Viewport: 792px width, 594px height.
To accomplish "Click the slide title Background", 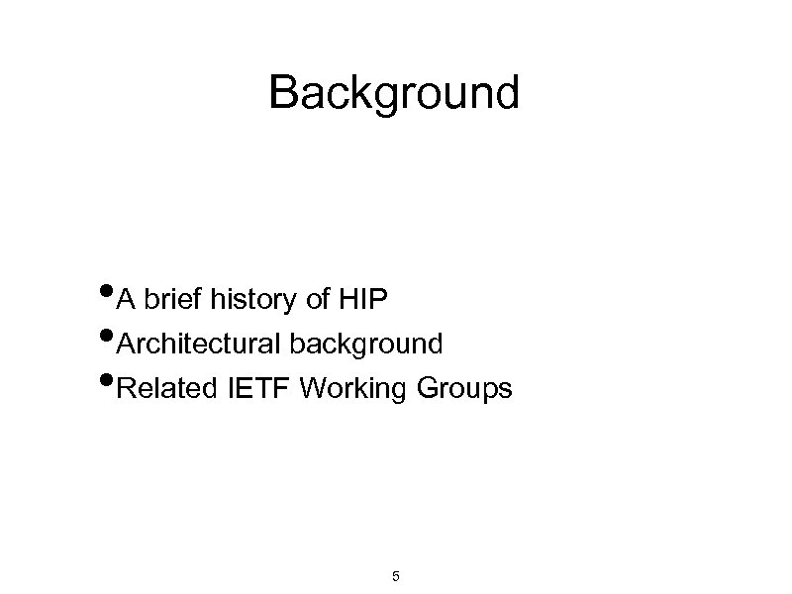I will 393,93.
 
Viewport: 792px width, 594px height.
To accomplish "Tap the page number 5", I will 396,576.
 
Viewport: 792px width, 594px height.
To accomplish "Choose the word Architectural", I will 198,345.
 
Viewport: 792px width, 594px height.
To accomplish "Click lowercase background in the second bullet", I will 365,345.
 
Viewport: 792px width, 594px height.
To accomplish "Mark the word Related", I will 165,389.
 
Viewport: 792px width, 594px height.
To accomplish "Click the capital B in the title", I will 283,93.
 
